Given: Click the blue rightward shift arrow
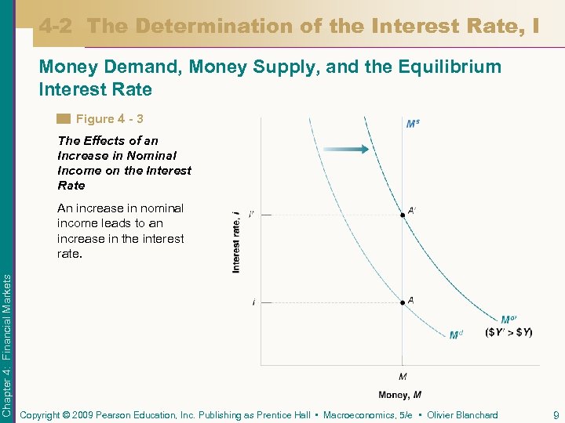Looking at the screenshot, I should tap(344, 150).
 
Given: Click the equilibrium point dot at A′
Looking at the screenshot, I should tap(403, 215).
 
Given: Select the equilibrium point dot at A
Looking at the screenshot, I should tap(403, 302).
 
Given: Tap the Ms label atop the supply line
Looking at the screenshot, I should tap(412, 124).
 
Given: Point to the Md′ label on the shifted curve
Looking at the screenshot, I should tap(508, 320).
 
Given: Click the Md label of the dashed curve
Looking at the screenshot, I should tap(456, 335).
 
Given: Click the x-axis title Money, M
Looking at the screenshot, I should tap(400, 394).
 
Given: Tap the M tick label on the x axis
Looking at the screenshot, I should tap(403, 377).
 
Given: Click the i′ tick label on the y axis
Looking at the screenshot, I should tap(251, 214).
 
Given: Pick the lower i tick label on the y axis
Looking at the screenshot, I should tap(253, 302).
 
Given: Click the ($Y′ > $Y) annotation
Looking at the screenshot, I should tap(509, 332).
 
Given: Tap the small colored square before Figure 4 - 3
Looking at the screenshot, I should tap(64, 119).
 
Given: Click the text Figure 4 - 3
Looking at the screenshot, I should tap(109, 119).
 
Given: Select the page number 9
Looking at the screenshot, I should tap(555, 415).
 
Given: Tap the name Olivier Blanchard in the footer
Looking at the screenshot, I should tap(462, 415).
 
